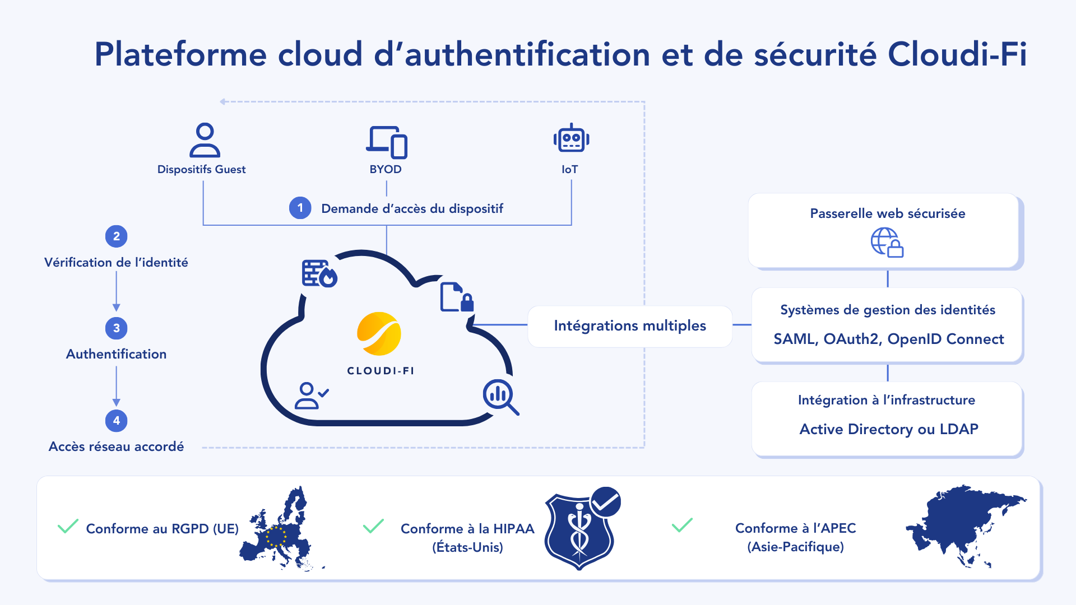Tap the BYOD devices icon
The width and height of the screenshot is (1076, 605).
coord(387,142)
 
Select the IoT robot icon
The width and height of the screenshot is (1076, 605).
coord(571,138)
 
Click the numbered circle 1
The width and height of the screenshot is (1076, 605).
coord(300,208)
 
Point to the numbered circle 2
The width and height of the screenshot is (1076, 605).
coord(116,236)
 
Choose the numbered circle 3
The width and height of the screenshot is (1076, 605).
coord(116,328)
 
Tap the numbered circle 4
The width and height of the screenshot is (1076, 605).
coord(116,421)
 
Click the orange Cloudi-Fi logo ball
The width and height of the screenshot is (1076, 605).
coord(379,334)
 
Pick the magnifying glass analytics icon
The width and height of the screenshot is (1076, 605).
coord(500,397)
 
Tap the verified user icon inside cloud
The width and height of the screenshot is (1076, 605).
coord(310,396)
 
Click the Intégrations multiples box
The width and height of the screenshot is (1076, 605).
coord(630,326)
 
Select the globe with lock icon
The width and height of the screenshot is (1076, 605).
coord(887,242)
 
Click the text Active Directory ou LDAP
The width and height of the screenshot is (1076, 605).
coord(888,429)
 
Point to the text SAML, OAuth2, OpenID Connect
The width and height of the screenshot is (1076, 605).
coord(888,339)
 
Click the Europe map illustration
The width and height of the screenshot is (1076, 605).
coord(280,529)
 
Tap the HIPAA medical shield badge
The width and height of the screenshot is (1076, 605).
coord(580,529)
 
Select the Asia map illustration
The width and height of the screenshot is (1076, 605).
coord(964,524)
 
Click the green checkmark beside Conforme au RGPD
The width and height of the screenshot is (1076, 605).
coord(68,526)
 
